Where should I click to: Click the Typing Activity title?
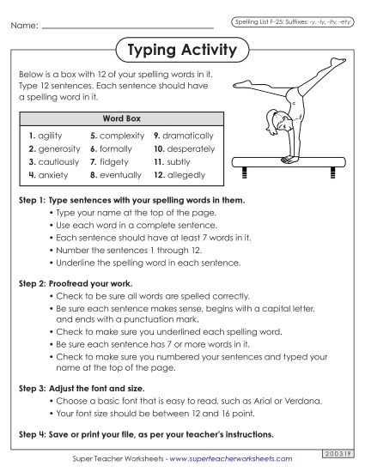[181, 51]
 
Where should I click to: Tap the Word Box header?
[121, 118]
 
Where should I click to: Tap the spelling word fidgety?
[114, 161]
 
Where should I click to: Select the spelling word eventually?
[120, 175]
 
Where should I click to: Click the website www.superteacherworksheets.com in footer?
[228, 459]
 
